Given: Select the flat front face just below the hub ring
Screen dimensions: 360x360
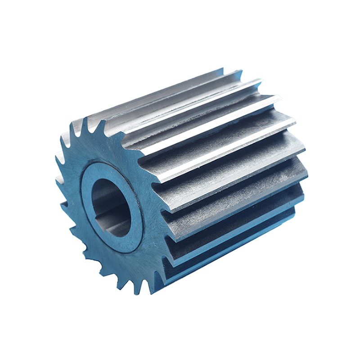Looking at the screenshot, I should (126, 265).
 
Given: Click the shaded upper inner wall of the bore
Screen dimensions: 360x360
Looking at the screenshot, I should (108, 189).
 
